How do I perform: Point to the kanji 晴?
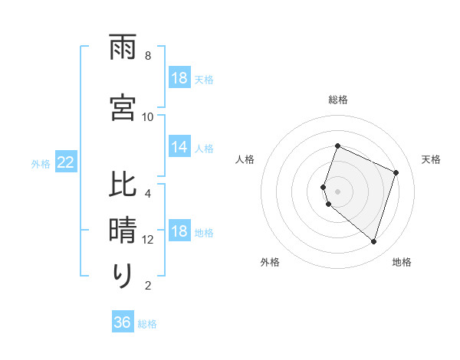tap(123, 230)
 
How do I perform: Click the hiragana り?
tap(123, 276)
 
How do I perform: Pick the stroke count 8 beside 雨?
tap(148, 56)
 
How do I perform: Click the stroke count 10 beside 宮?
tap(148, 117)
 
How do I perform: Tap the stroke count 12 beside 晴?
tap(148, 240)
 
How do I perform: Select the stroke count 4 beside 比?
tap(148, 193)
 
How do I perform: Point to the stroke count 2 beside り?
tap(148, 286)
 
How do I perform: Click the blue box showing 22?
tap(65, 162)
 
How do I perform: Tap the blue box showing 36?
tap(122, 323)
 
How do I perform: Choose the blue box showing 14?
tap(179, 147)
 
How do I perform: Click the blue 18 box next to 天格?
tap(179, 78)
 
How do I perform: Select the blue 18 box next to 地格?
tap(179, 231)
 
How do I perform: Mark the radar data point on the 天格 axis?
tap(396, 172)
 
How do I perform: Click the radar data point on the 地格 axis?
tap(373, 241)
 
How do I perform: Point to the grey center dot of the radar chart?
tap(337, 191)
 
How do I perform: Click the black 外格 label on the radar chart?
tap(270, 262)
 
